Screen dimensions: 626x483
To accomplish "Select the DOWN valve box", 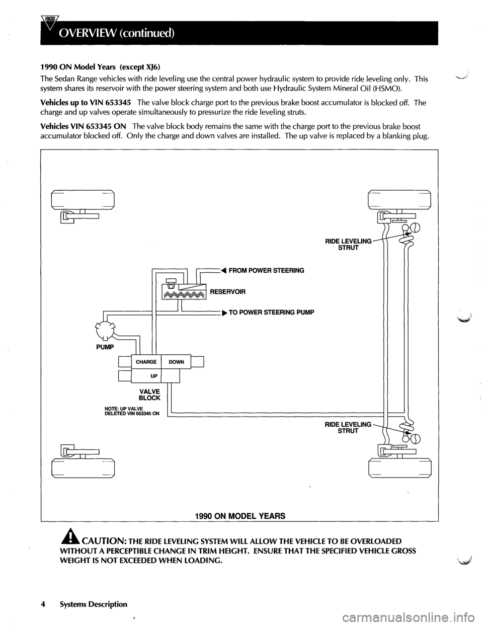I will click(x=176, y=362).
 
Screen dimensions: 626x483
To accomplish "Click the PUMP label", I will click(x=106, y=347).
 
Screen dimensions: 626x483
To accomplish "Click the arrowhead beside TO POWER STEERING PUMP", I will click(x=223, y=312).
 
